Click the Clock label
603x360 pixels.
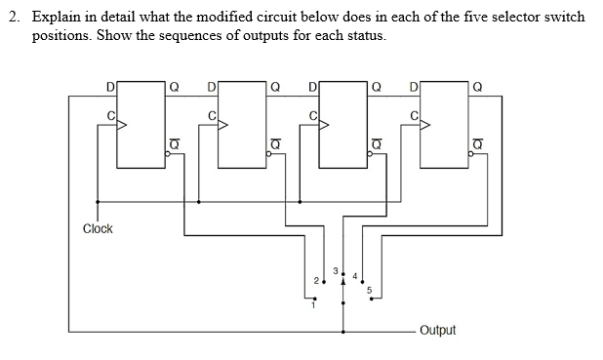click(98, 228)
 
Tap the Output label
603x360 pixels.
click(438, 331)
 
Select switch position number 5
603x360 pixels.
click(370, 289)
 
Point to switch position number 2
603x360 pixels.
click(315, 281)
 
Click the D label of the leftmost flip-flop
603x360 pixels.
click(110, 86)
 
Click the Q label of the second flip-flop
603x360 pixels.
click(274, 86)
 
